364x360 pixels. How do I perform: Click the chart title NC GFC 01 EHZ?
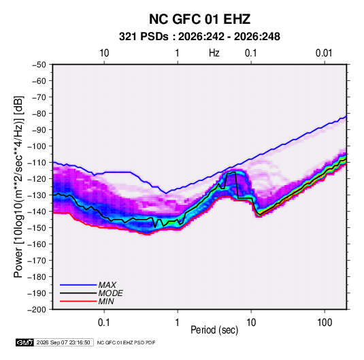click(x=199, y=19)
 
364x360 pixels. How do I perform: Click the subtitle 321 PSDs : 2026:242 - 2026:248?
click(x=199, y=37)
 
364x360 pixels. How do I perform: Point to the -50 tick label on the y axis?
click(x=39, y=65)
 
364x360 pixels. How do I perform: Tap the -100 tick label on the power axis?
click(x=37, y=146)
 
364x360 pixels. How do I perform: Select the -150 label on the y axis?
click(x=37, y=228)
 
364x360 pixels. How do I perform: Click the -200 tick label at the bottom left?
click(x=37, y=310)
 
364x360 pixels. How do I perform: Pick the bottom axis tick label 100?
click(x=325, y=323)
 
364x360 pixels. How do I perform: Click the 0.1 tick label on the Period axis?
click(x=104, y=323)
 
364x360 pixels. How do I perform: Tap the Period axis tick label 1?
click(x=178, y=323)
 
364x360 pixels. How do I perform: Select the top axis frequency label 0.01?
click(x=324, y=53)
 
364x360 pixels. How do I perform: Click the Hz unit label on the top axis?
click(x=214, y=53)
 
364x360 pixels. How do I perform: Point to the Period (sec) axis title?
click(x=214, y=330)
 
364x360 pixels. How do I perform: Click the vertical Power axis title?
click(x=18, y=187)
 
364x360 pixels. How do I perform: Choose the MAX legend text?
click(x=107, y=285)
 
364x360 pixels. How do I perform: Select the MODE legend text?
click(x=110, y=293)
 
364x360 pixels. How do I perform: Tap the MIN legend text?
click(x=106, y=301)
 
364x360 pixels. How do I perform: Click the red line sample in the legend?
click(x=78, y=301)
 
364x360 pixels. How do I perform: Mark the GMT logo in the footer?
click(x=25, y=342)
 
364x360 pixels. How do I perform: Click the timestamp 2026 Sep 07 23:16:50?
click(x=63, y=342)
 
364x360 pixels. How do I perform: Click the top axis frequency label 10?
click(x=104, y=53)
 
